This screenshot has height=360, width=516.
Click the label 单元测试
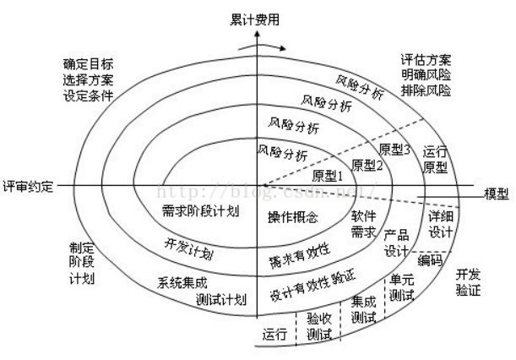click(402, 286)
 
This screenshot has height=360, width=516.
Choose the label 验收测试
click(319, 326)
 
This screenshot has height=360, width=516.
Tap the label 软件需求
click(363, 222)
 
